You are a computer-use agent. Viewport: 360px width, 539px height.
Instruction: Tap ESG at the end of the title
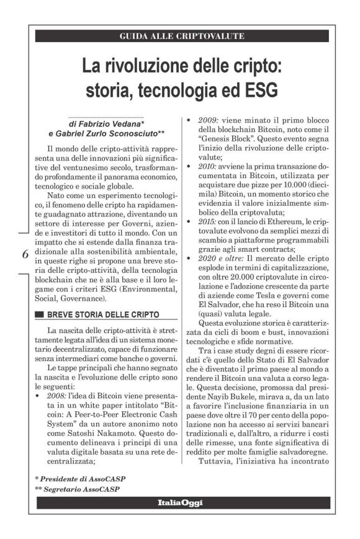[260, 90]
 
